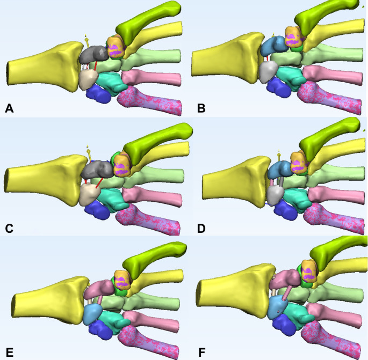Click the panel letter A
(x=9, y=109)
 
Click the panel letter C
(x=9, y=227)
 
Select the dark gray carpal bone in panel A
(x=93, y=54)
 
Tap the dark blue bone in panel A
(x=98, y=94)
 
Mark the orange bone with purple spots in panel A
(x=117, y=47)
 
